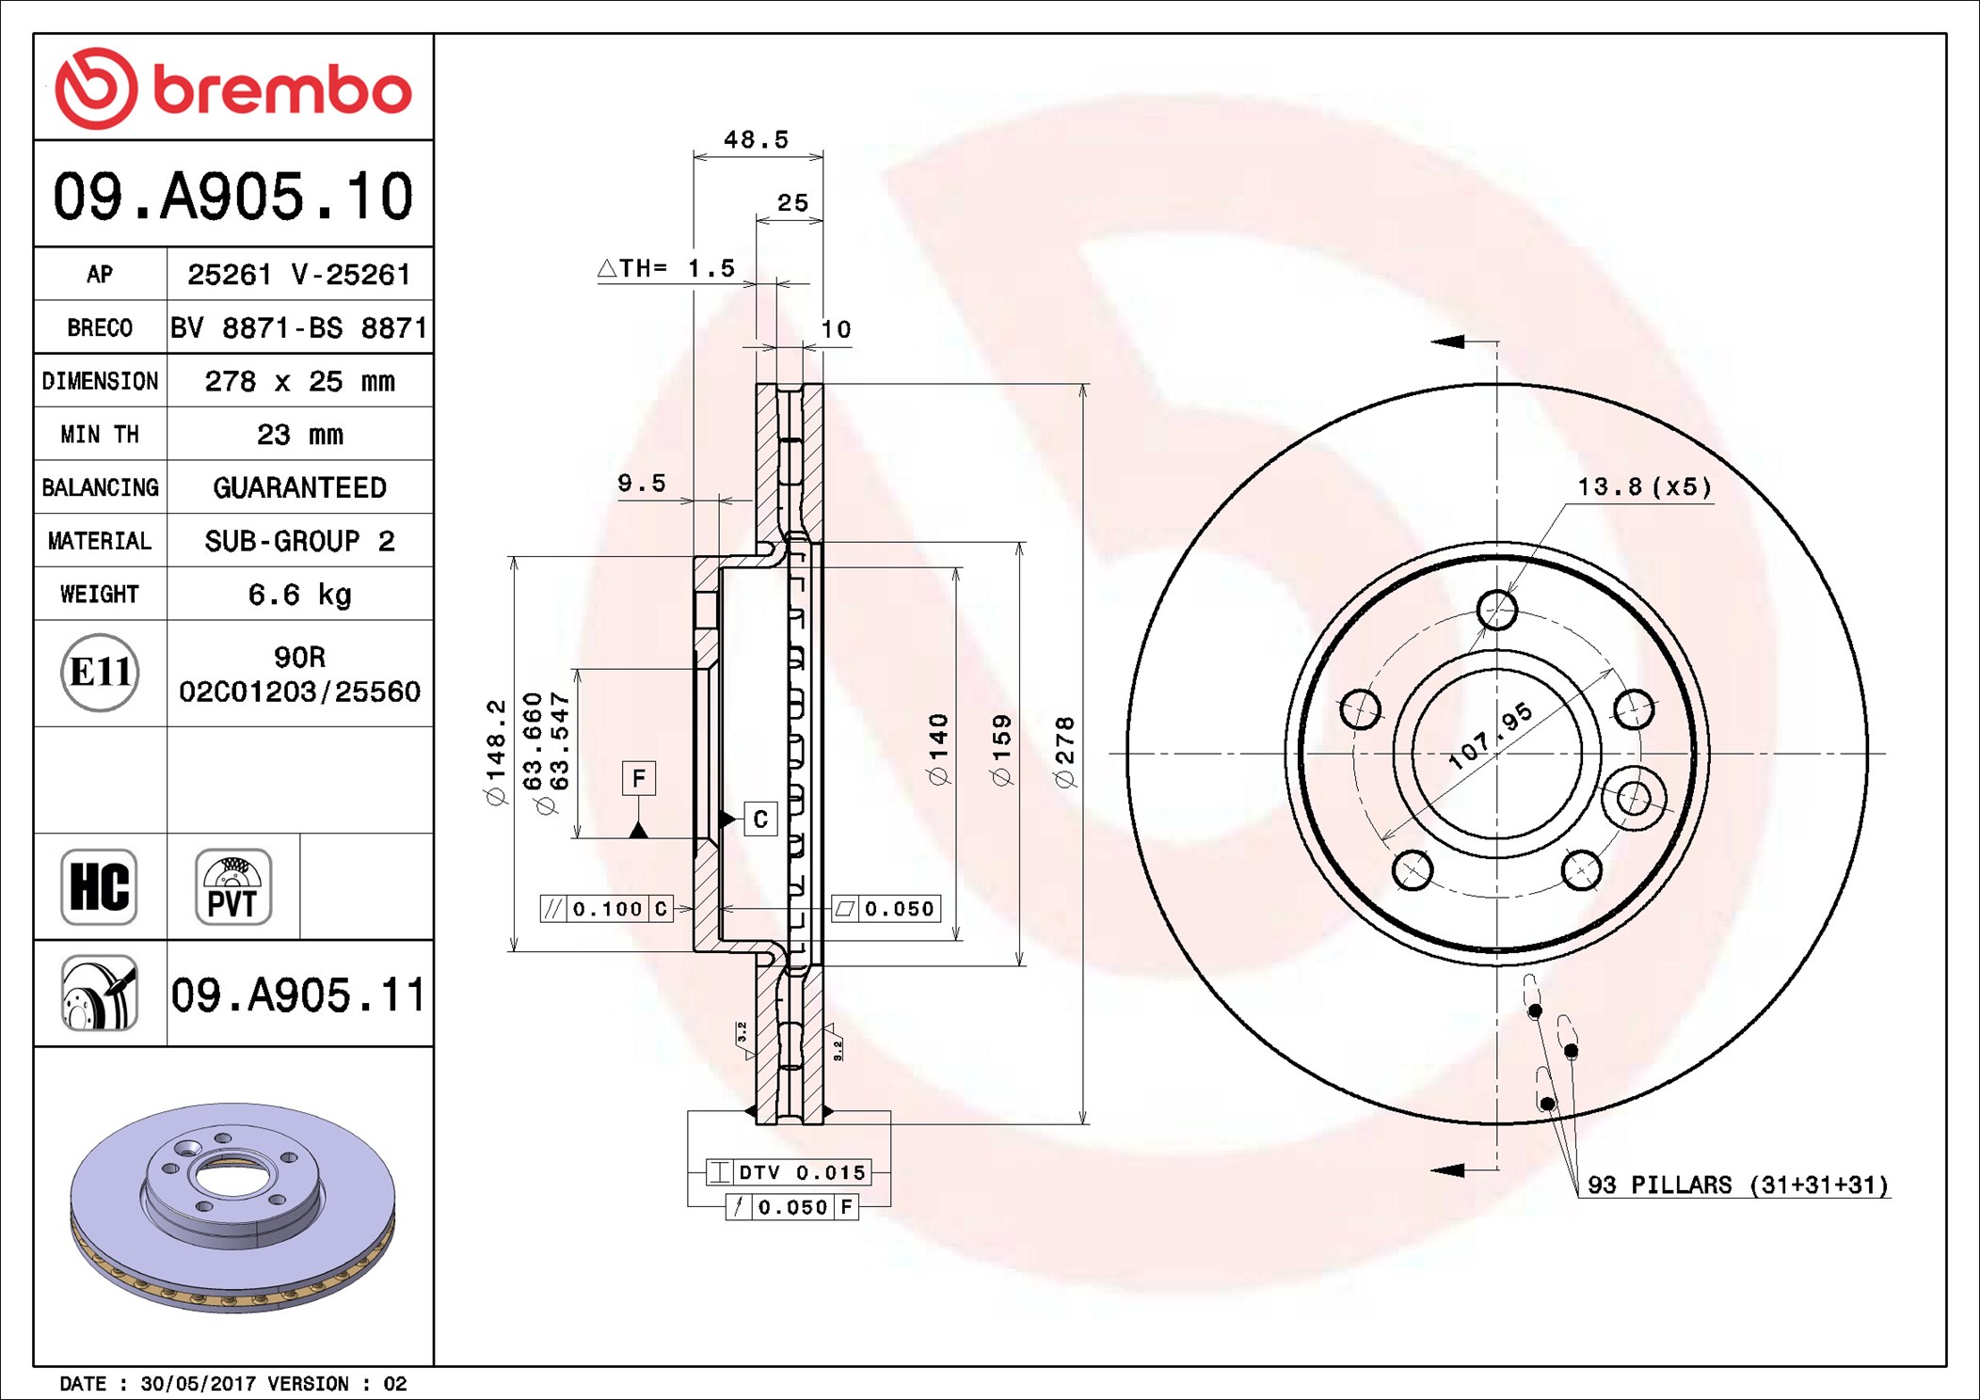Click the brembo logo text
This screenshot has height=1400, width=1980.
tap(281, 90)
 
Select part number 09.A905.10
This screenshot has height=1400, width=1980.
tap(232, 197)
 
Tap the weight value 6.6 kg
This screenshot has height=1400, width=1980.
tap(299, 595)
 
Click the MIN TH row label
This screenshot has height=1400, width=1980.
tap(100, 434)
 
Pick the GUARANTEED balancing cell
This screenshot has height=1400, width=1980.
tap(299, 487)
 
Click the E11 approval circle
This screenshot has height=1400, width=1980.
tap(100, 672)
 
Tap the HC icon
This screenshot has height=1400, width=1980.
tap(99, 886)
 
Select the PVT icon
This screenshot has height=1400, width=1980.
tap(232, 886)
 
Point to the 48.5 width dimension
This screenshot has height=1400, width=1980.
tap(756, 140)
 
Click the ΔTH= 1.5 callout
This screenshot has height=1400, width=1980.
tap(666, 268)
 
